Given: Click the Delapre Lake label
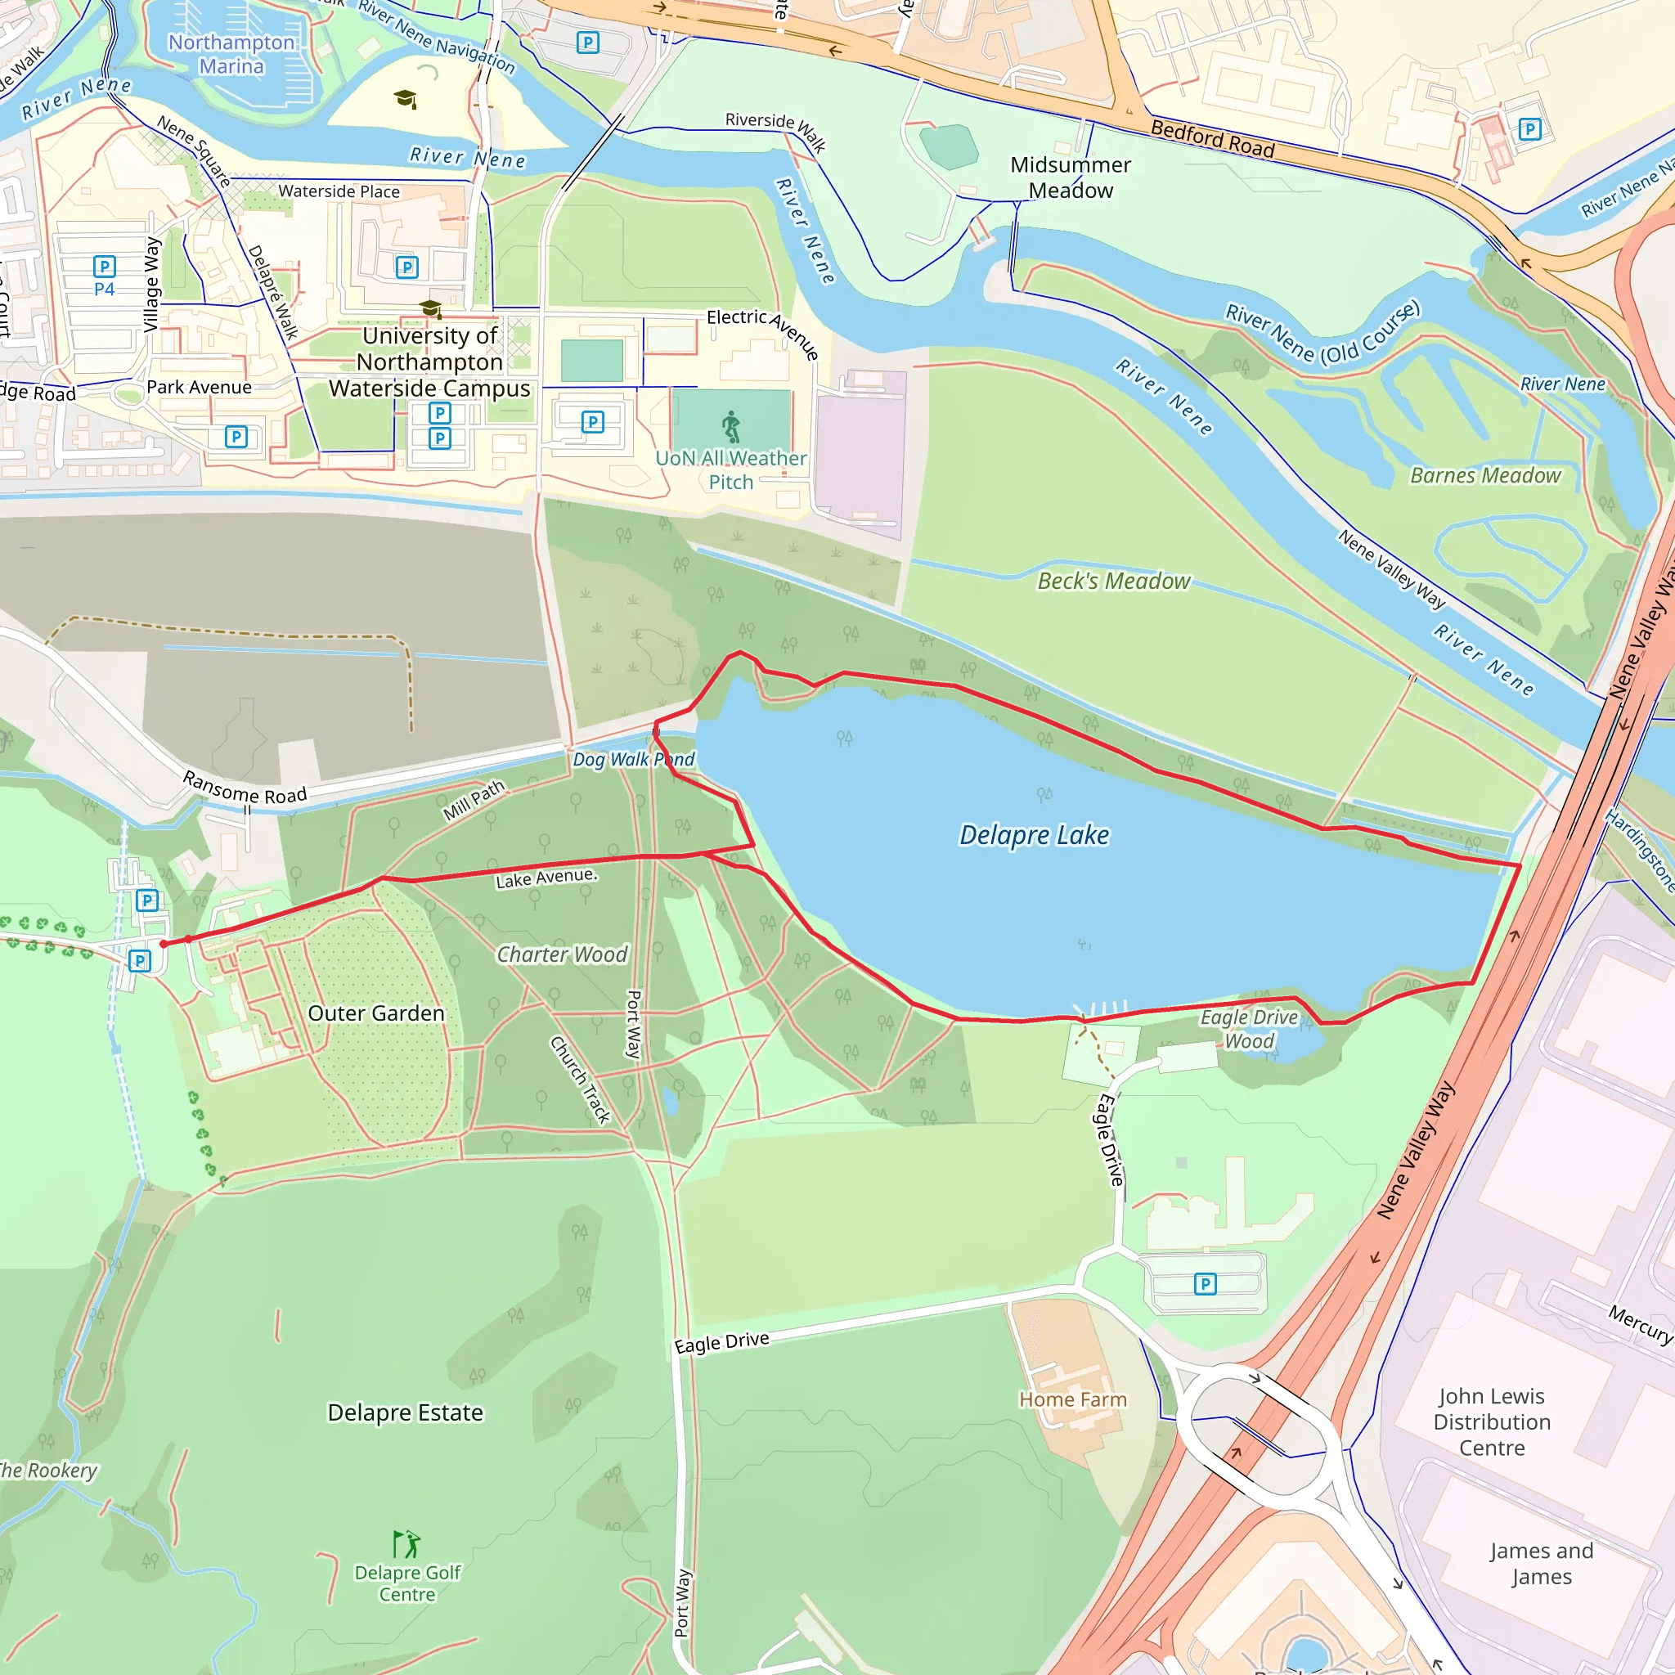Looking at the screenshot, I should click(x=1034, y=835).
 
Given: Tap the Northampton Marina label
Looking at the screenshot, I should click(x=231, y=54).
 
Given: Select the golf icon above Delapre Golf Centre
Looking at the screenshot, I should click(x=406, y=1544).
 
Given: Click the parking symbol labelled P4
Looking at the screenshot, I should click(x=104, y=267).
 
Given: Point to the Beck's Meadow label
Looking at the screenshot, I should click(x=1113, y=581).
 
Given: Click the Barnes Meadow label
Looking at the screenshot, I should click(x=1485, y=475).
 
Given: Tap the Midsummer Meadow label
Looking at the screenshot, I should click(x=1070, y=177).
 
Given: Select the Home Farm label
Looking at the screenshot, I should click(x=1072, y=1399).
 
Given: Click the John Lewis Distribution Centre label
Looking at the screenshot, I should click(x=1491, y=1421).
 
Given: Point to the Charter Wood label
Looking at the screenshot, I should click(x=562, y=954).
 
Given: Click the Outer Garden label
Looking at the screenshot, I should click(x=375, y=1013).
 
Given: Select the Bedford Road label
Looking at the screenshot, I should click(x=1212, y=140).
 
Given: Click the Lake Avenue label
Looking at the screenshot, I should click(x=546, y=878).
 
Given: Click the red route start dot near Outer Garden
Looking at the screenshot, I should click(x=164, y=943).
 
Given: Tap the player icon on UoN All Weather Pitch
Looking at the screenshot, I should click(x=732, y=427).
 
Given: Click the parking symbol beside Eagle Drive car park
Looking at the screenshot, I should click(x=1204, y=1283).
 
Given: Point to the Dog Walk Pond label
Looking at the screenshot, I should click(x=633, y=760).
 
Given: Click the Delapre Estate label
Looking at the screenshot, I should click(x=405, y=1412).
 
